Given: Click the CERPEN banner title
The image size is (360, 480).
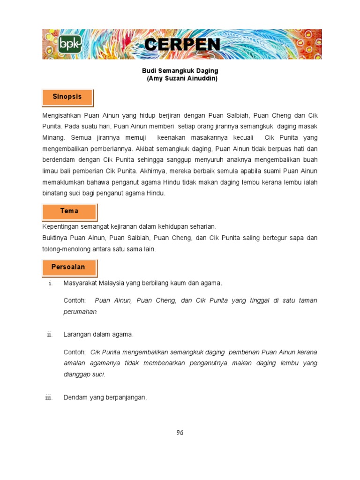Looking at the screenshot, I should (182, 45).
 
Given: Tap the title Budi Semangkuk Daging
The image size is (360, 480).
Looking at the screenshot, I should (180, 71).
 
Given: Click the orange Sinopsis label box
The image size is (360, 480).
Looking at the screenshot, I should (67, 97).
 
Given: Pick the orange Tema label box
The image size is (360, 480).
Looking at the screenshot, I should (69, 211).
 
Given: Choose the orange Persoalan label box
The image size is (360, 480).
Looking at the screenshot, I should (68, 267).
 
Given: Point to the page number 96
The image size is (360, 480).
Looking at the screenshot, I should (180, 433).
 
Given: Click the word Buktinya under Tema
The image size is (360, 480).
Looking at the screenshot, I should (56, 238).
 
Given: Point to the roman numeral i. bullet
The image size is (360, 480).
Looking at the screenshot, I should (50, 284).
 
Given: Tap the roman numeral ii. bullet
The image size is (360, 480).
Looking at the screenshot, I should (49, 335).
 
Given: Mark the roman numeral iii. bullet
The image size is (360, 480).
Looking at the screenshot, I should (49, 398).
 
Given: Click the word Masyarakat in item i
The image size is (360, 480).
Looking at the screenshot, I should (80, 283).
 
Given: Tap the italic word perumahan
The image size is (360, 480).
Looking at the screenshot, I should (80, 311).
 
